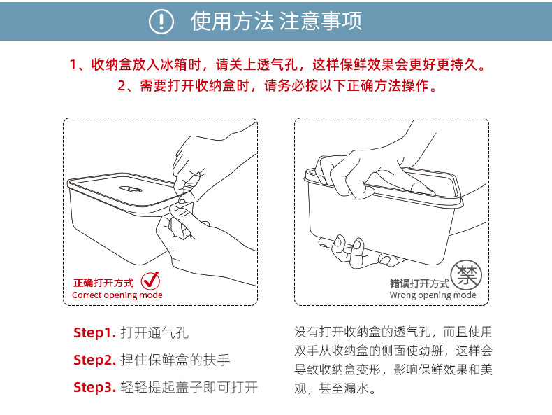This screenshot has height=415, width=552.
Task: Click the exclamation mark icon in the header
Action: [161, 22]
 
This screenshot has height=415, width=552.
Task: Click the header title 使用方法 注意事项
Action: [277, 22]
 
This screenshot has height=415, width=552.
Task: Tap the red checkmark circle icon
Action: [150, 281]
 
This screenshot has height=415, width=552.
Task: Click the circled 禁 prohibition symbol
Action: [465, 274]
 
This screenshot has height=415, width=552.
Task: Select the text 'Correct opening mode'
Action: [117, 295]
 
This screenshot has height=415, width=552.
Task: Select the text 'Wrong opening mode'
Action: [433, 295]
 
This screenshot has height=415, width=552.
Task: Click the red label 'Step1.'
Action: [94, 332]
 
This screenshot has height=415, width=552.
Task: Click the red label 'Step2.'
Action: [94, 360]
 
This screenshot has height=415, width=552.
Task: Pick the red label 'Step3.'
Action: [94, 387]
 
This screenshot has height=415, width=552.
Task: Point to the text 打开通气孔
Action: [154, 332]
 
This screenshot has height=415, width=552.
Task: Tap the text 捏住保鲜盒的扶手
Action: [175, 360]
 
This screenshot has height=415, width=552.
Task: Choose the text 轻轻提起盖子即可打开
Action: [189, 387]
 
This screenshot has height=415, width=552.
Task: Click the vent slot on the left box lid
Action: [130, 190]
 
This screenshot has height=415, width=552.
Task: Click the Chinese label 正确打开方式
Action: [103, 283]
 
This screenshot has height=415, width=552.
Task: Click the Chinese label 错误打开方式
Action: [419, 283]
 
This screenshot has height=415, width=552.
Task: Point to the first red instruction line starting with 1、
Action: [277, 65]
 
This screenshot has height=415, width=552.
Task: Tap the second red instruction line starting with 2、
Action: [277, 86]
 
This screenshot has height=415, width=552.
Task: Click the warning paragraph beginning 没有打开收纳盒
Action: [393, 360]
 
